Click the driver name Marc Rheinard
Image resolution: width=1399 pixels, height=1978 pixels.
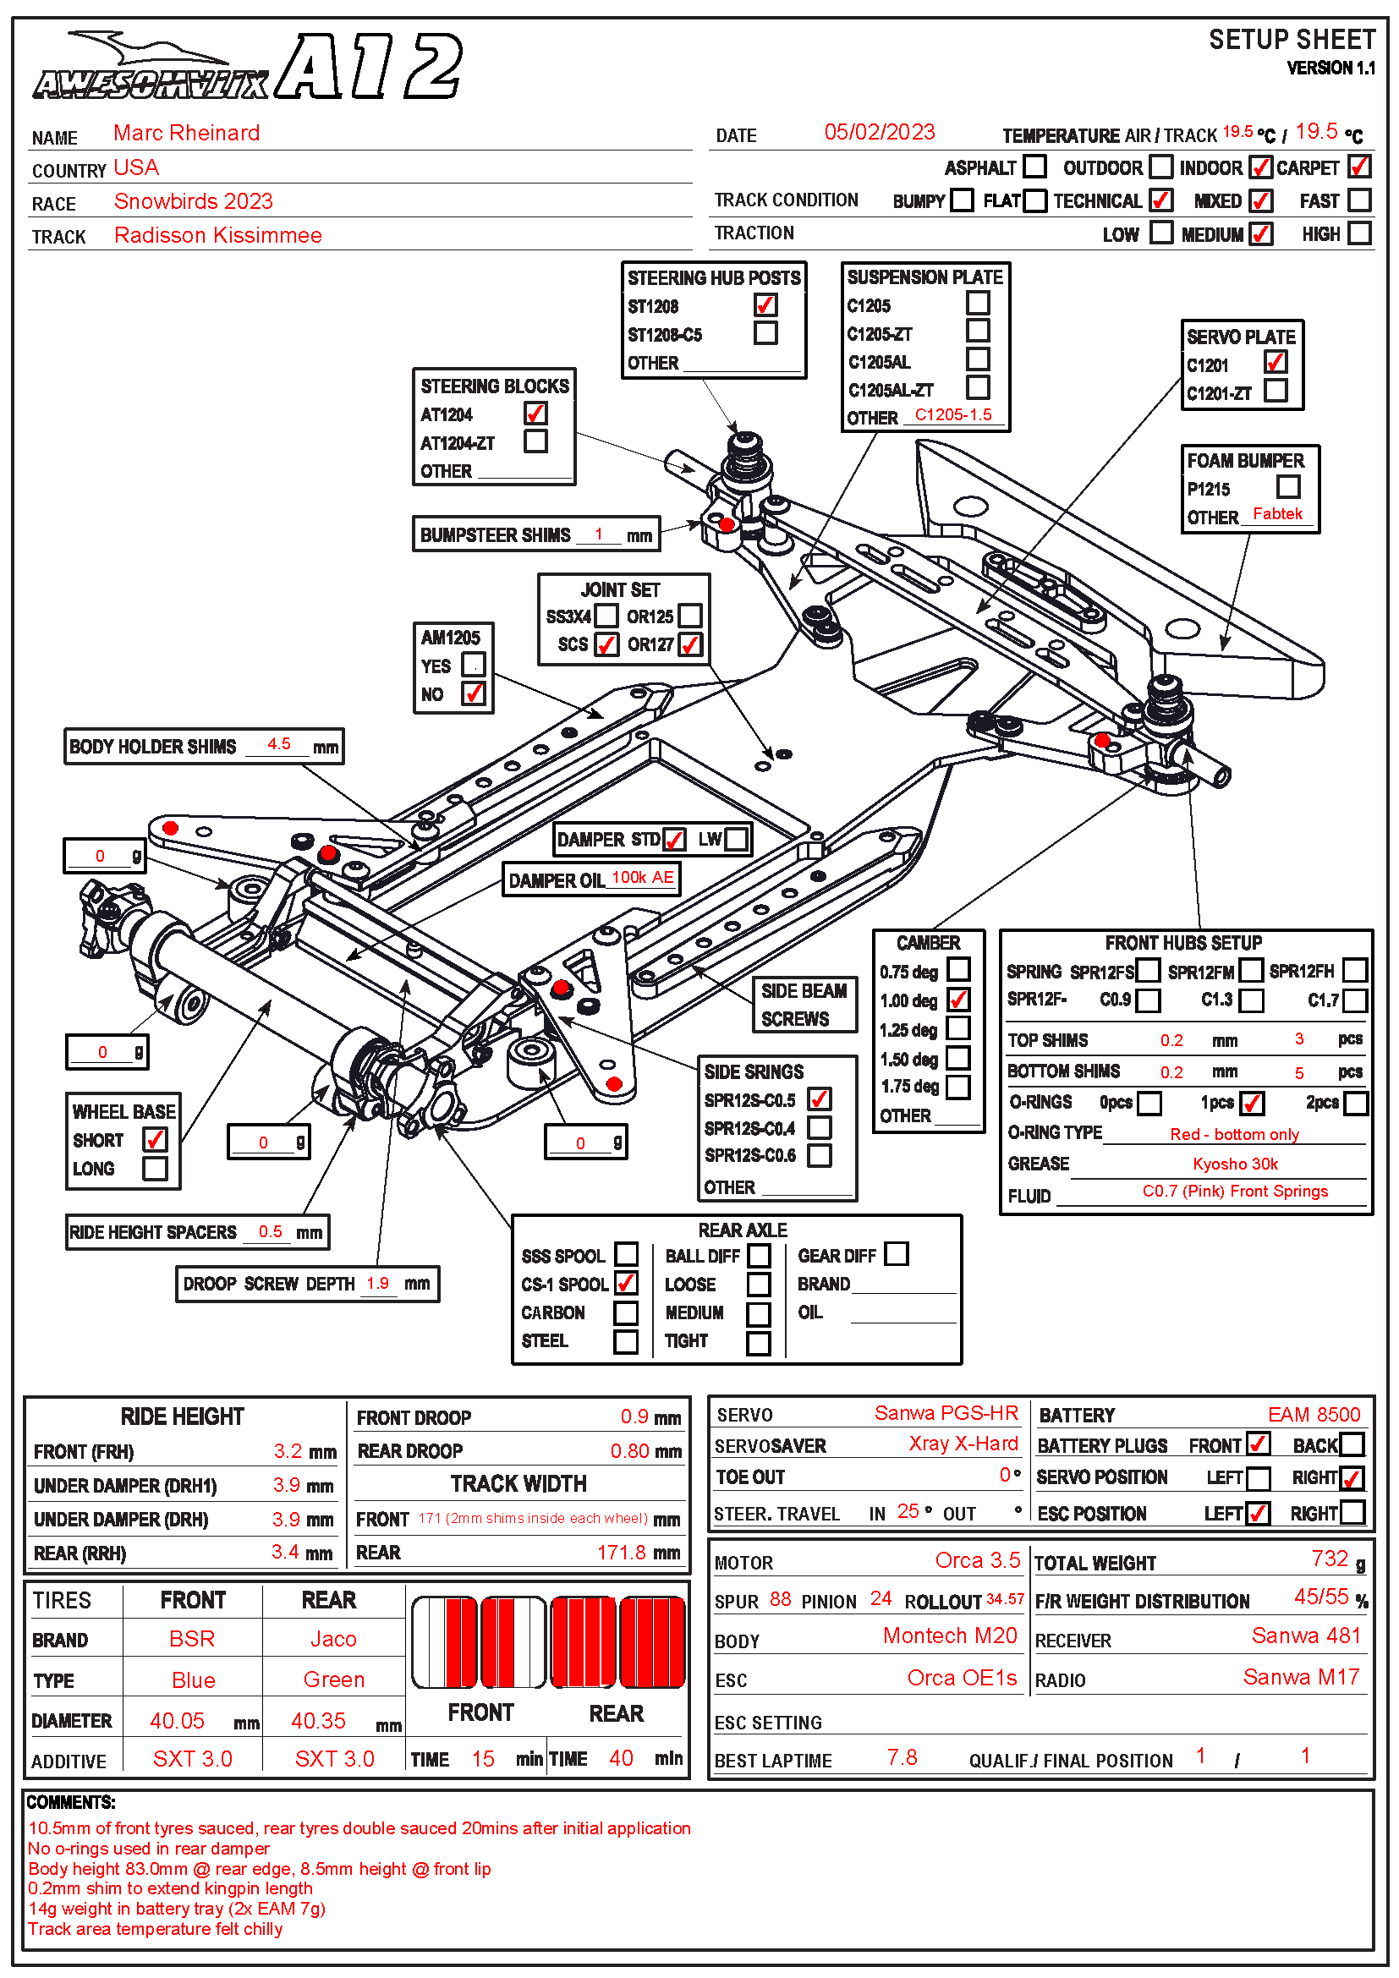point(186,133)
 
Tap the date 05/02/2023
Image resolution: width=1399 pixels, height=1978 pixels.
point(879,132)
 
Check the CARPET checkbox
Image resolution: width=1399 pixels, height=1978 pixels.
point(1358,167)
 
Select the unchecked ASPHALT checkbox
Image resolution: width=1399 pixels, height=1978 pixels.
point(1034,167)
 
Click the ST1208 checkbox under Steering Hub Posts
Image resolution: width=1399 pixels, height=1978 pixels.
point(765,305)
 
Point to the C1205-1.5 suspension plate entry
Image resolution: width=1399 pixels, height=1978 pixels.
point(952,414)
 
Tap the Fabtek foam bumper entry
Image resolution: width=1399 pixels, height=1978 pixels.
point(1276,513)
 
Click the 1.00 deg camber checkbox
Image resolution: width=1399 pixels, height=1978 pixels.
point(958,1000)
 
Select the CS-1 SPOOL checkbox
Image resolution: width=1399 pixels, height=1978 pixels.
point(626,1283)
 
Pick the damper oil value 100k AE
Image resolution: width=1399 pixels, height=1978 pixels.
point(642,877)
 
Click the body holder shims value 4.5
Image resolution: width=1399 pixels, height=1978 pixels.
point(278,743)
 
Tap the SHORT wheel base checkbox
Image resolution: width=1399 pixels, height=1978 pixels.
point(155,1139)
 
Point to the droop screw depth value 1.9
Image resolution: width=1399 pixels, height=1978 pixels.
point(377,1283)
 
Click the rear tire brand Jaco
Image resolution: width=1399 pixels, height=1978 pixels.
point(332,1639)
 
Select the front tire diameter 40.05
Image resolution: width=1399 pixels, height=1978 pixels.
point(177,1720)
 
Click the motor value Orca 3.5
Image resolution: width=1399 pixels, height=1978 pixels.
point(977,1560)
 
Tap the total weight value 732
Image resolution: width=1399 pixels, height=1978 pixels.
point(1330,1559)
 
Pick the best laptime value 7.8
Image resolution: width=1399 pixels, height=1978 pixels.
point(901,1756)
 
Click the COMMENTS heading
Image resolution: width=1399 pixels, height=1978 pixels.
point(71,1802)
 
